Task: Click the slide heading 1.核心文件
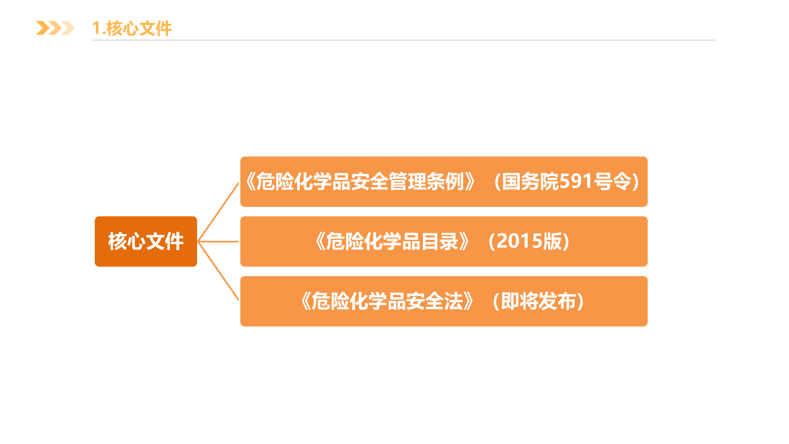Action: [132, 28]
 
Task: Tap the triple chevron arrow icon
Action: [55, 28]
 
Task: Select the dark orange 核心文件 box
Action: [146, 241]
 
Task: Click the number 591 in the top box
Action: [576, 181]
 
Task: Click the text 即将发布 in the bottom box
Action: [538, 301]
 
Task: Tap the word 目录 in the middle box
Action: [439, 241]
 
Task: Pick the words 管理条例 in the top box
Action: [426, 181]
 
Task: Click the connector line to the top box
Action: [218, 212]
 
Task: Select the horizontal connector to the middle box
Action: [218, 241]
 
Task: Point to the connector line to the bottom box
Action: [218, 271]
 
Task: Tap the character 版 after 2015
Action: [553, 241]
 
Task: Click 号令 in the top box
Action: [612, 181]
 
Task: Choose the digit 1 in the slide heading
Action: [96, 28]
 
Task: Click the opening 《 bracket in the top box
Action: [251, 181]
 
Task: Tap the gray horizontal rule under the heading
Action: [404, 40]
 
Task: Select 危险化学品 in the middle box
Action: [373, 241]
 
